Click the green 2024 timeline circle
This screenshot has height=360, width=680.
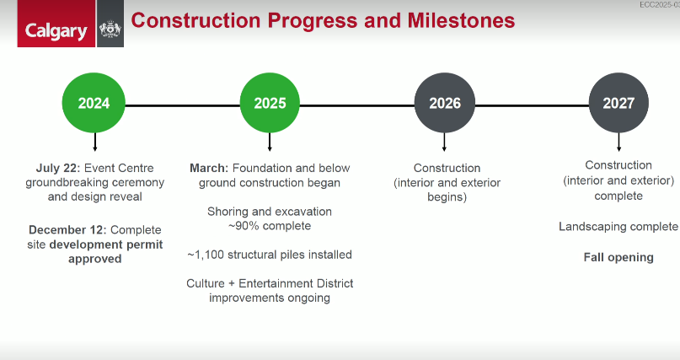pos(94,103)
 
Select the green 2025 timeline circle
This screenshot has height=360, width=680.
pos(270,103)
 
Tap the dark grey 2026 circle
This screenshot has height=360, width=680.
pos(445,103)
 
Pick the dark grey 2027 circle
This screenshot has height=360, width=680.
pos(618,103)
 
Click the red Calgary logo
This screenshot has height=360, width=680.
pos(56,24)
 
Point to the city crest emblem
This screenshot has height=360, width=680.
pos(110,29)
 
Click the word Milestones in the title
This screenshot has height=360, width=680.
pos(461,20)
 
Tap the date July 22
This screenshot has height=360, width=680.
pos(58,168)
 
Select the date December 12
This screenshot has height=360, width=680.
pos(67,229)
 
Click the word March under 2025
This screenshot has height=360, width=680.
pos(209,168)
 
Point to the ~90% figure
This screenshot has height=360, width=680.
pos(244,226)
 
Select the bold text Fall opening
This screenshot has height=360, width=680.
pos(618,258)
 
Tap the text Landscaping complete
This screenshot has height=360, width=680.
pos(618,227)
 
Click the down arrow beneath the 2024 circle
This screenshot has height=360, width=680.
pos(95,142)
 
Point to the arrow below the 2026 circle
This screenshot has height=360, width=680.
pos(444,142)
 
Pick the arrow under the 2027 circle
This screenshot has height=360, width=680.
pos(618,142)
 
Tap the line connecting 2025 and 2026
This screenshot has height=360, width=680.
pos(357,105)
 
